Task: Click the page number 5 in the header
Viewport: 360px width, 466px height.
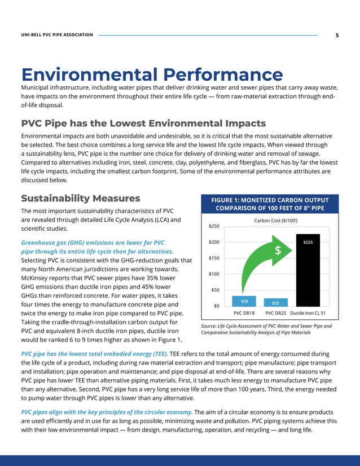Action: pos(337,36)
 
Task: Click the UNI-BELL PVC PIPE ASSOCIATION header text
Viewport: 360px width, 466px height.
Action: pos(57,36)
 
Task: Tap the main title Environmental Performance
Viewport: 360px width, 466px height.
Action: pos(152,75)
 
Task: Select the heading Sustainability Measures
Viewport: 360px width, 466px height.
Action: pos(81,198)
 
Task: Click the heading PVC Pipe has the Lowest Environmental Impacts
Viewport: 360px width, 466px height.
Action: pos(143,123)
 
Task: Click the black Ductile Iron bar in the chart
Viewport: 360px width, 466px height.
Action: pos(308,271)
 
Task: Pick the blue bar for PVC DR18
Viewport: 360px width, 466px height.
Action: pos(244,301)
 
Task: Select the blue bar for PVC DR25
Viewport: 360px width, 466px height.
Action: pos(276,302)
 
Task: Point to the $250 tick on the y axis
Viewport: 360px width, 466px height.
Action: pos(213,226)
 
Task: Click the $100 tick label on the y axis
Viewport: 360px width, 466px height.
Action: pos(213,274)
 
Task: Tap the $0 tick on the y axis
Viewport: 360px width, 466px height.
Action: pos(217,306)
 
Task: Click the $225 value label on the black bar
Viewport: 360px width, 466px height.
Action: pos(308,242)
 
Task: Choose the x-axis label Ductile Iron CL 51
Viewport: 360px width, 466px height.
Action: pos(308,313)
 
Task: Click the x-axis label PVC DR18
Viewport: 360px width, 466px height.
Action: pos(244,313)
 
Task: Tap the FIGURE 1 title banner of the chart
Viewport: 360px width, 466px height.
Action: pos(269,204)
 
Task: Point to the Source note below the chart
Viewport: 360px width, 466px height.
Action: pos(266,329)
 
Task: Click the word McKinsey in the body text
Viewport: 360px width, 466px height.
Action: pos(38,278)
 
